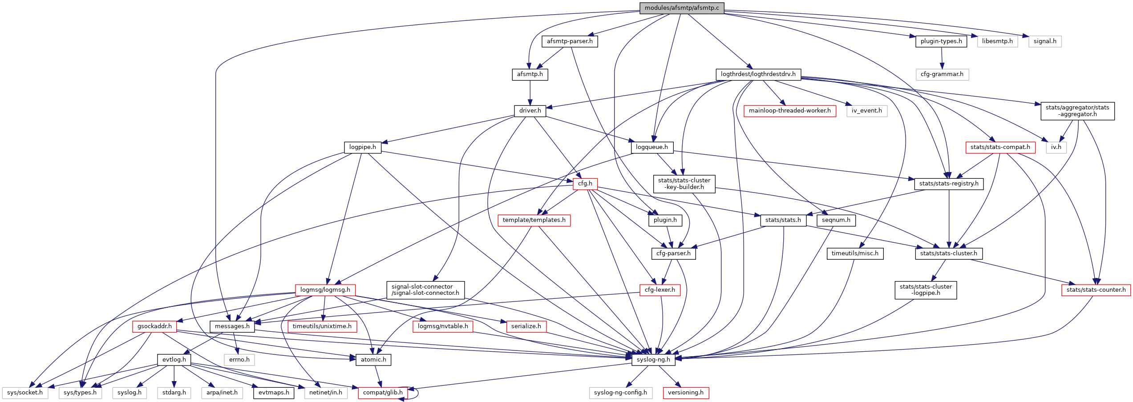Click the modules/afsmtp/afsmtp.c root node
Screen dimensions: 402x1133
click(682, 8)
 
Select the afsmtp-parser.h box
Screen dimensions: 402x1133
click(570, 41)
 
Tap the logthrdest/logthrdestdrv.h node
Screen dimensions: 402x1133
click(758, 74)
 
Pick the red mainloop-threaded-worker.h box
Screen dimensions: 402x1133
click(789, 111)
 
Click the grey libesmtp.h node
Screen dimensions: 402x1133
click(997, 41)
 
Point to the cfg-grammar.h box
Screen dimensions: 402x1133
click(942, 74)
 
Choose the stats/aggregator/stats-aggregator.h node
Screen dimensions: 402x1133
click(1077, 111)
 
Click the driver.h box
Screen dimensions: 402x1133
click(530, 111)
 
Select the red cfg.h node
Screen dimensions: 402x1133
click(585, 184)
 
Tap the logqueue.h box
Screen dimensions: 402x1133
click(652, 147)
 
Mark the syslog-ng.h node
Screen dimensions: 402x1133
click(653, 360)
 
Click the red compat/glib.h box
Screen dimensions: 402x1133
click(383, 393)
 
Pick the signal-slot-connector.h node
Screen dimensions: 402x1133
click(425, 290)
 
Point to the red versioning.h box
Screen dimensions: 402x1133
click(686, 393)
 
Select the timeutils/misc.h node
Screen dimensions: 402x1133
click(855, 253)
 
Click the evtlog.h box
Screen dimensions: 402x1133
click(174, 360)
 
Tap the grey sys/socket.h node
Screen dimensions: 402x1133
click(25, 393)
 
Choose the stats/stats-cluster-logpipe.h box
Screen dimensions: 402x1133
click(926, 290)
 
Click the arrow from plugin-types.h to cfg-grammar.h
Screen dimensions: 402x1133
click(942, 58)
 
